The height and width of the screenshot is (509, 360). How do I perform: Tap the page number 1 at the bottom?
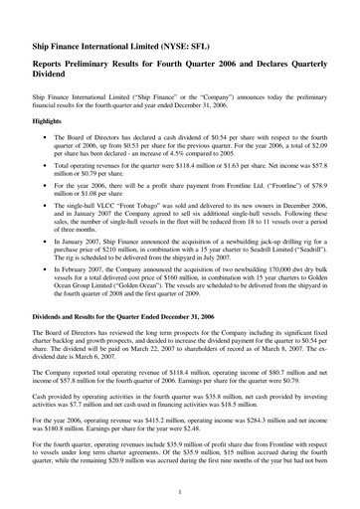tap(179, 492)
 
